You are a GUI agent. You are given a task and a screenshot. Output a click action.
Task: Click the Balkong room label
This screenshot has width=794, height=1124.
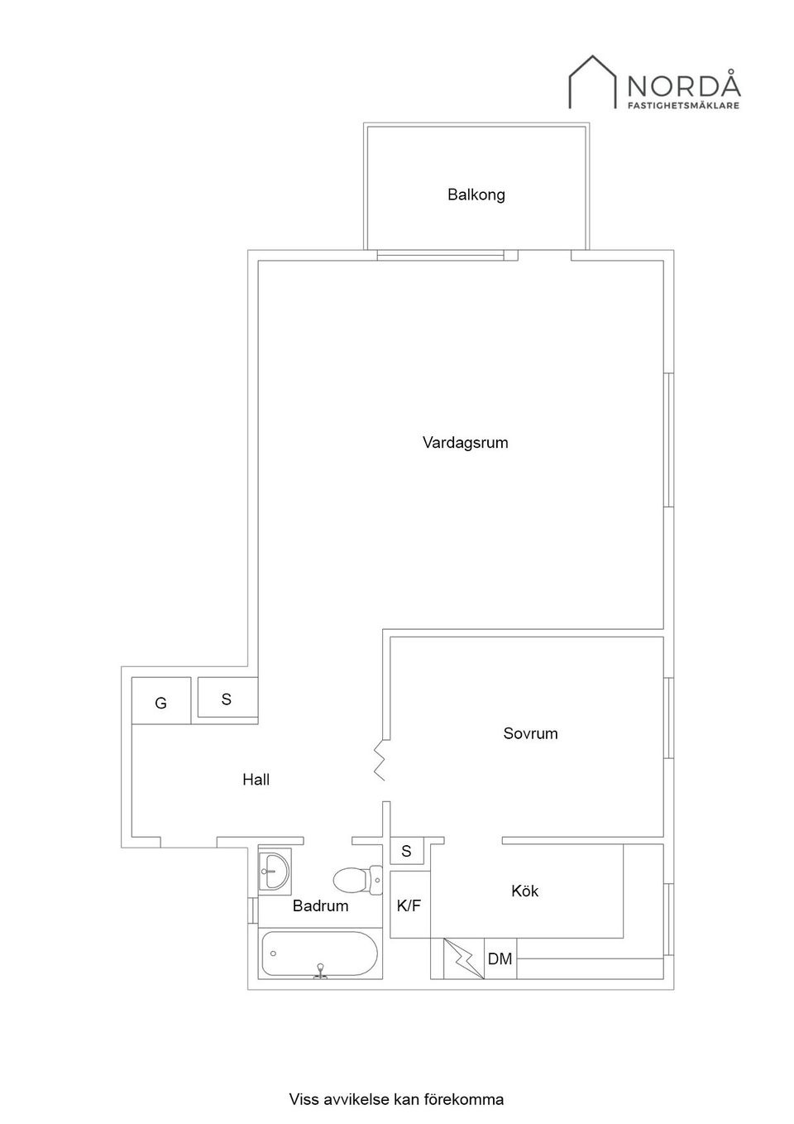[476, 195]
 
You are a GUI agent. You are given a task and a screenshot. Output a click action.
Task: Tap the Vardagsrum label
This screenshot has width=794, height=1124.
[465, 442]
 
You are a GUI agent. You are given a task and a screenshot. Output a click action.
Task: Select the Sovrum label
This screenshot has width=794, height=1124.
[530, 733]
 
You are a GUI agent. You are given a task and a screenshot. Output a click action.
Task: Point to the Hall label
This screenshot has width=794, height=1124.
[256, 779]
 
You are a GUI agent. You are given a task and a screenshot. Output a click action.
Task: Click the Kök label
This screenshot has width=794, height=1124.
[524, 891]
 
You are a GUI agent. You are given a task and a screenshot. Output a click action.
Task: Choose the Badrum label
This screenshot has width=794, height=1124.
[320, 905]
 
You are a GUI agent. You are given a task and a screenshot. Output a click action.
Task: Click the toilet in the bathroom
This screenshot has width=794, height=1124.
[356, 879]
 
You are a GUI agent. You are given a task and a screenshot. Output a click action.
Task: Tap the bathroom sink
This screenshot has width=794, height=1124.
[273, 869]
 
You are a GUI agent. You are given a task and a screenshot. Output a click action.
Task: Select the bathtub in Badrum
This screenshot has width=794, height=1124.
[319, 954]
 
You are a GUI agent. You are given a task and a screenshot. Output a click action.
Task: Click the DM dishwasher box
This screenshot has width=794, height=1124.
[500, 959]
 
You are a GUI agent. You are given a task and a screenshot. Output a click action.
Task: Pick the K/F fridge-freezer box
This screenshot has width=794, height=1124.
[409, 905]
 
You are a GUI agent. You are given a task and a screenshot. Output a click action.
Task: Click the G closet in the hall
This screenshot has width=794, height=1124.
[161, 702]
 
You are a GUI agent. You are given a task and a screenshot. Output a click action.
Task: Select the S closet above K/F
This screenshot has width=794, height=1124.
[406, 851]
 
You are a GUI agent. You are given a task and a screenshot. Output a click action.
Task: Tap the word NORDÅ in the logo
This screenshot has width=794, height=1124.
[683, 85]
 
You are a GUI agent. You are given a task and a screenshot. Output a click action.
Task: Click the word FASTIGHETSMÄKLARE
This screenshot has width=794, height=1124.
[683, 106]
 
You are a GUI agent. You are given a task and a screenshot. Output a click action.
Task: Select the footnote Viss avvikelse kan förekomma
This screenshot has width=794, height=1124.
[396, 1099]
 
